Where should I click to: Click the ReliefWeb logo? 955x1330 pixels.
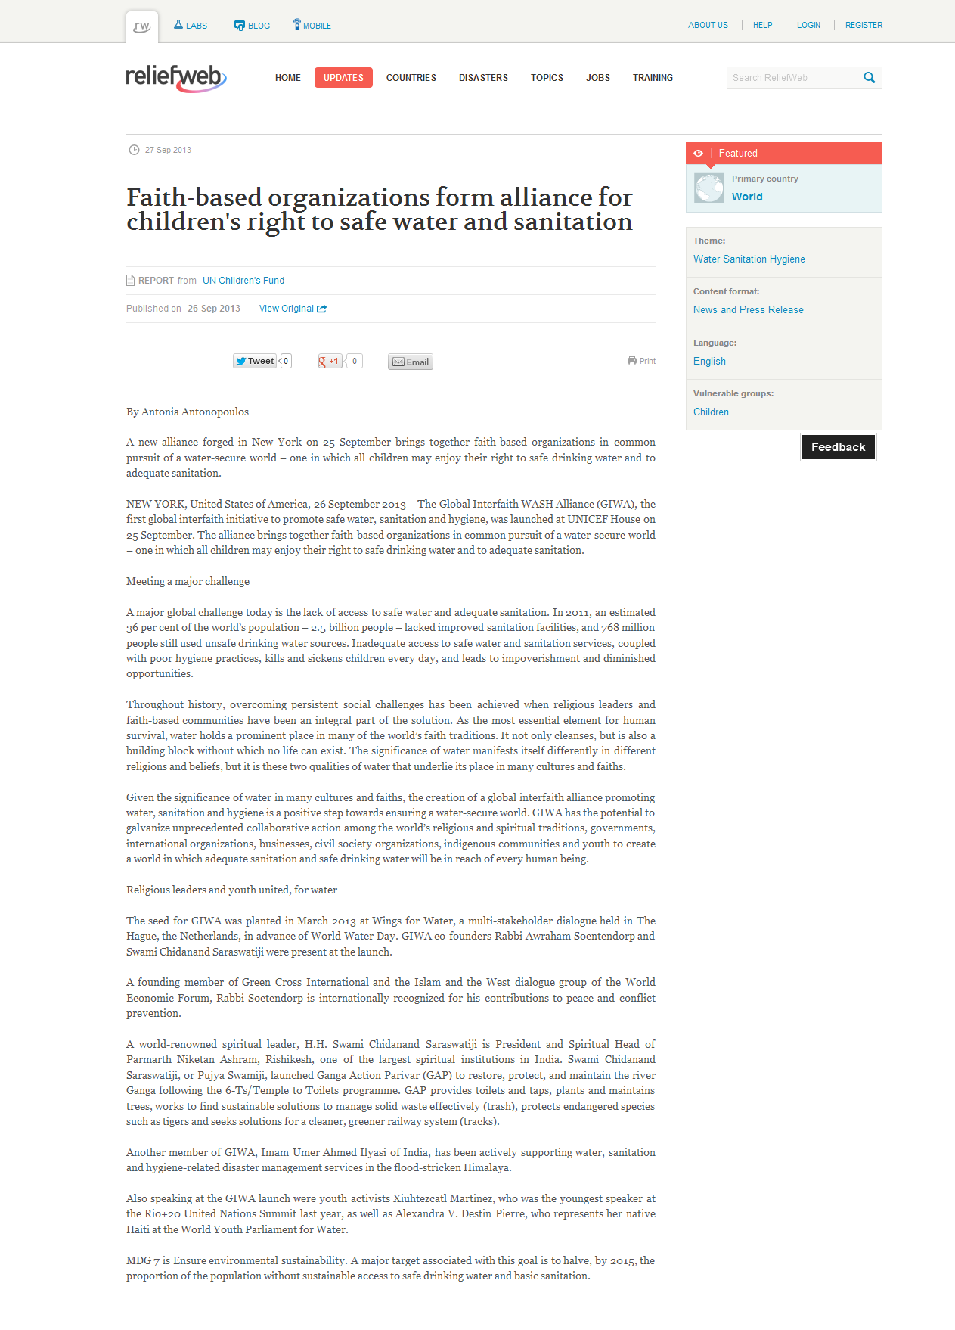click(175, 78)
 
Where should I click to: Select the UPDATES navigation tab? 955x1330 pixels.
click(343, 78)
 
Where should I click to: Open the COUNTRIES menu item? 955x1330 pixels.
click(411, 78)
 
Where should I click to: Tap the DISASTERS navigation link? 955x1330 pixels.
click(483, 78)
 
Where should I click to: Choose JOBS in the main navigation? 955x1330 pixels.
click(597, 78)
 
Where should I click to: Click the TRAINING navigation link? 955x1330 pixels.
click(653, 78)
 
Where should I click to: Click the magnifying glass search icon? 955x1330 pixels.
click(870, 78)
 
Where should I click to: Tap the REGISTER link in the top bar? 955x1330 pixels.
click(864, 26)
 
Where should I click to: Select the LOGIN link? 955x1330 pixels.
click(808, 26)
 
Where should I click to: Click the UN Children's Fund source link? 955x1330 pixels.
click(243, 281)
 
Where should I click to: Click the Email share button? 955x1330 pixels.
click(411, 362)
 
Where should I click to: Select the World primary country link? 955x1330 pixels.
click(747, 197)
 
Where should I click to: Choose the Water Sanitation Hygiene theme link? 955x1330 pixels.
click(749, 259)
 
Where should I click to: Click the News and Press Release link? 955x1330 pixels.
click(748, 310)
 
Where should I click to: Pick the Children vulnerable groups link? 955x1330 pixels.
click(711, 412)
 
